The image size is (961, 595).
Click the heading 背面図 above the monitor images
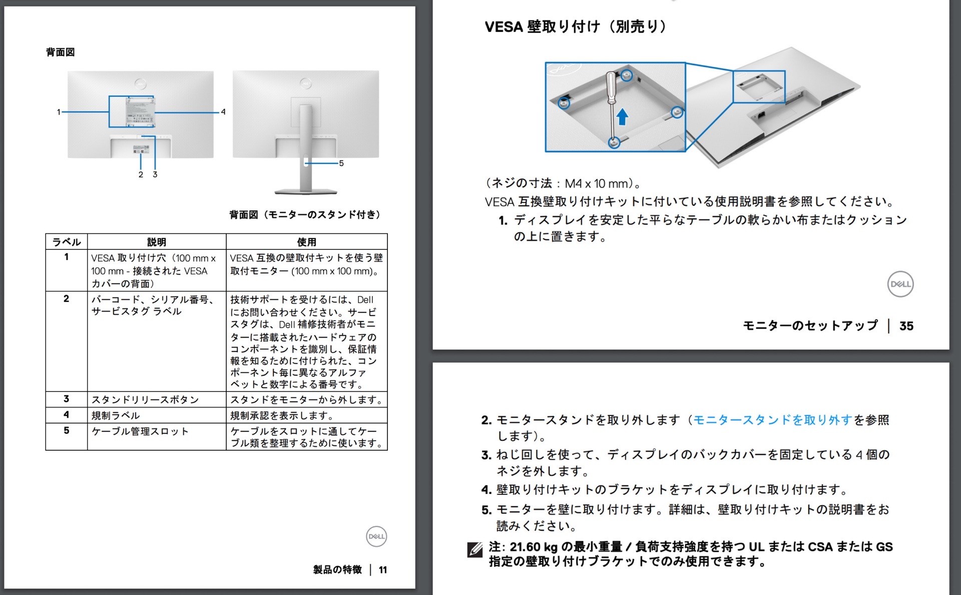pos(61,52)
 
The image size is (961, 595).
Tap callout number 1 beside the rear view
pos(59,112)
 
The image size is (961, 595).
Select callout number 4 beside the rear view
pos(223,112)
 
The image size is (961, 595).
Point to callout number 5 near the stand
pos(341,163)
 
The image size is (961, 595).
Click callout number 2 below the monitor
pos(141,174)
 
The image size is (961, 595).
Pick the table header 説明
pos(156,242)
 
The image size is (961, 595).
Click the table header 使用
pos(306,242)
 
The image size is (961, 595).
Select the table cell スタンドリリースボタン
pos(145,400)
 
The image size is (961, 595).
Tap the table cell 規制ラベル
pos(116,415)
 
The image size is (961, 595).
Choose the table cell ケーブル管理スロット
pos(140,431)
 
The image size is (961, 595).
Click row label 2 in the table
pos(66,299)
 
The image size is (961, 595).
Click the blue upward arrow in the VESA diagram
pos(622,117)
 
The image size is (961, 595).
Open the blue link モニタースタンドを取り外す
pos(772,420)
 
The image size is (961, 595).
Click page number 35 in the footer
pos(906,326)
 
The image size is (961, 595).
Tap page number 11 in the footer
pos(383,570)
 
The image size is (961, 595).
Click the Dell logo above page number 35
pos(900,284)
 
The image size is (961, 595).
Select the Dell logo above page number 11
pos(376,536)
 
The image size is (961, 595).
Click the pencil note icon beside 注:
pos(474,549)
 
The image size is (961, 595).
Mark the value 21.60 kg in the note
pos(534,547)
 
